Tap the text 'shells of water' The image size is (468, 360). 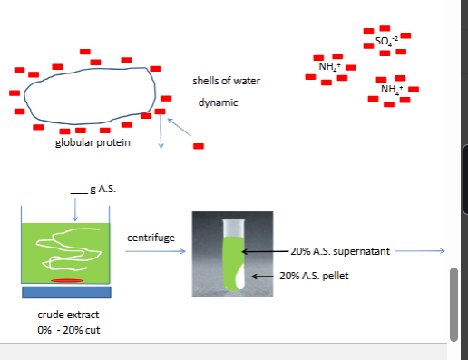(226, 82)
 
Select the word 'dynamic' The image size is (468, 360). (218, 103)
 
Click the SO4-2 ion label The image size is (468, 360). (385, 42)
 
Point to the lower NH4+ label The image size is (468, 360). (392, 89)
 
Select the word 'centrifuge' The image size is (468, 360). (151, 238)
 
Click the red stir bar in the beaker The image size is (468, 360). (66, 282)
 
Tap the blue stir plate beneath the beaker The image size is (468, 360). (65, 292)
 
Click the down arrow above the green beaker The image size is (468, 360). (74, 208)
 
